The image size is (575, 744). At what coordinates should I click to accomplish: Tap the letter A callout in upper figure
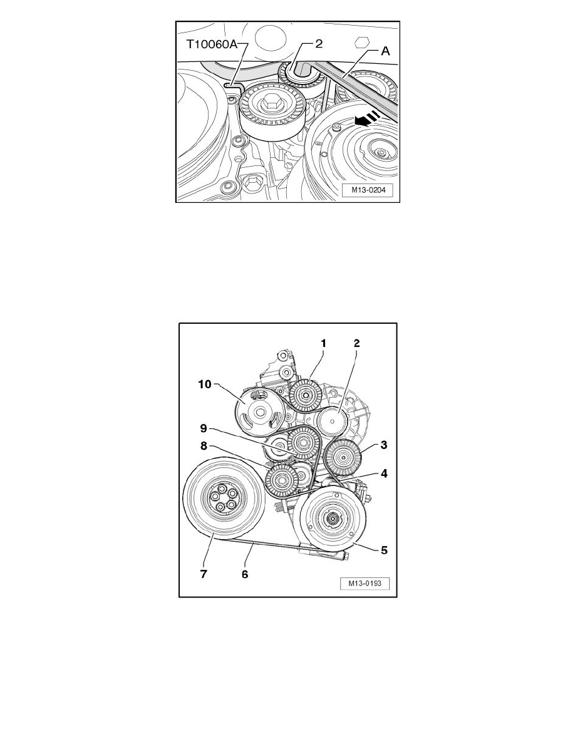386,51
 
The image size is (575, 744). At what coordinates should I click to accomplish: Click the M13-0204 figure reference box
369,190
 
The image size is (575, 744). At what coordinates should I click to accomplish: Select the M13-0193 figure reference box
365,584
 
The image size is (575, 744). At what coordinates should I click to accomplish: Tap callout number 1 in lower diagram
324,343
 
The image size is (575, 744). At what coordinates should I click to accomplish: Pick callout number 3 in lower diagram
384,445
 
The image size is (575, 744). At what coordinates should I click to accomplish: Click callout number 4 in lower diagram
385,473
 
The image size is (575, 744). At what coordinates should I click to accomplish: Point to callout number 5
384,550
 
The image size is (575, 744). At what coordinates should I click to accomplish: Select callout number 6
245,574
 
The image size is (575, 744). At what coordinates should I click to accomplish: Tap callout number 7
204,574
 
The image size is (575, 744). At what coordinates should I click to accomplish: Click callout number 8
204,446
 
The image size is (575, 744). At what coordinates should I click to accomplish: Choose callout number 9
204,428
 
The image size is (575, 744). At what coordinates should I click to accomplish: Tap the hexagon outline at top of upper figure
361,41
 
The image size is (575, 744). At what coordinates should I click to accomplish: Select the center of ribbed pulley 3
342,458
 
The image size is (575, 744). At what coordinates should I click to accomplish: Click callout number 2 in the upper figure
319,44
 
